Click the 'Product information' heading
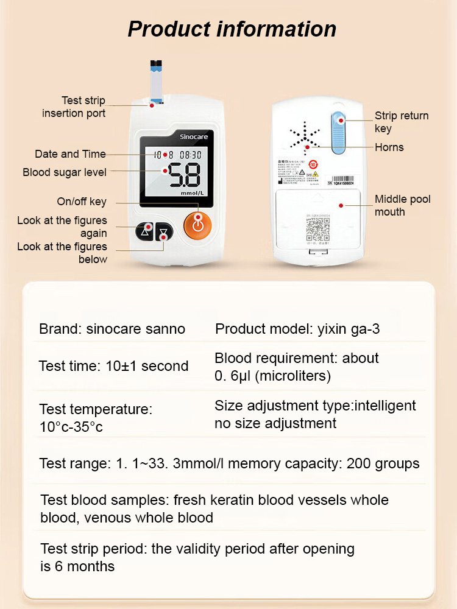click(232, 29)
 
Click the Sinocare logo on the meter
click(194, 137)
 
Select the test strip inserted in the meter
click(155, 82)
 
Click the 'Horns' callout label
click(389, 147)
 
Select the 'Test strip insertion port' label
click(74, 107)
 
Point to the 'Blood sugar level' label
click(65, 172)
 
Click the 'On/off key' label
click(82, 202)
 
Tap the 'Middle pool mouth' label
click(402, 205)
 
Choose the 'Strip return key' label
click(401, 122)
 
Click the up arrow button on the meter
click(145, 230)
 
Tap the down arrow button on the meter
click(164, 233)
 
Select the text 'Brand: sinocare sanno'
click(112, 329)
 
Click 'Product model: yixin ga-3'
click(297, 329)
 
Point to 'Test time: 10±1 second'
click(113, 366)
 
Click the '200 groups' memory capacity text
click(383, 463)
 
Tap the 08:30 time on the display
click(190, 155)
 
